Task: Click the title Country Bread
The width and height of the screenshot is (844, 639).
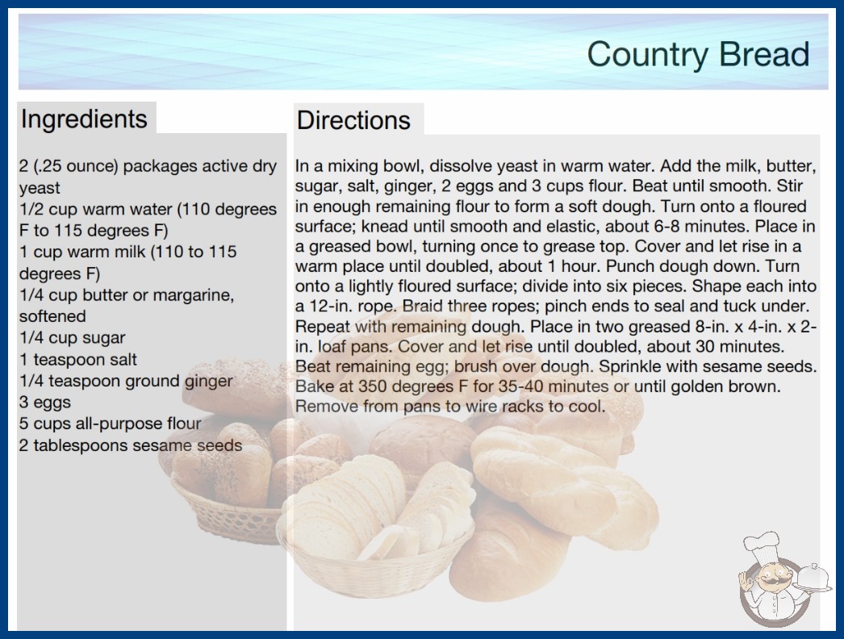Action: coord(698,54)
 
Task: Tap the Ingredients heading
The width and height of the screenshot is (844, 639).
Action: coord(84,119)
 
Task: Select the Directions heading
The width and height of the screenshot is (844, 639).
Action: coord(353,120)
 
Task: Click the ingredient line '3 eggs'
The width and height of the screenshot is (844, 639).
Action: coord(45,402)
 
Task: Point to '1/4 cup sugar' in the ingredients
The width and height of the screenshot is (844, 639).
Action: coord(72,337)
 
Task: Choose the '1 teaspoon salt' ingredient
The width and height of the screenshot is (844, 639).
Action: coord(78,359)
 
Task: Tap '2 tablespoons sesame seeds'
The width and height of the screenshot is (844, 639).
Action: coord(131,445)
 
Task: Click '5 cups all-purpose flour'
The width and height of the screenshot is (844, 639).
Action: coord(111,424)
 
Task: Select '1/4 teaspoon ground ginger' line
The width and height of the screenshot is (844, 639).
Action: coord(126,381)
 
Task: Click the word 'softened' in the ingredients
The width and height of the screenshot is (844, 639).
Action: coord(52,316)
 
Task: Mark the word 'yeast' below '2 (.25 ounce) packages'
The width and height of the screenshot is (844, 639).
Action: coord(40,188)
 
